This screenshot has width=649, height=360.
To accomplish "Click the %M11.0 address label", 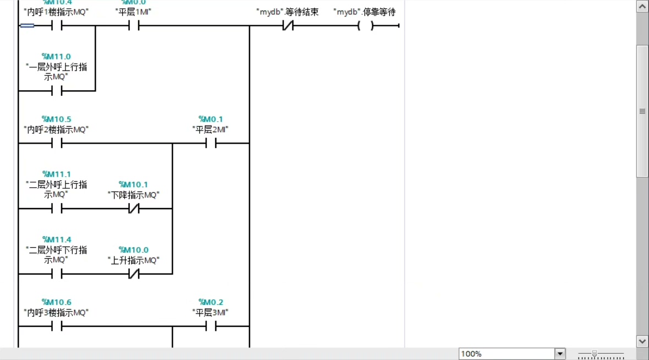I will pyautogui.click(x=56, y=56).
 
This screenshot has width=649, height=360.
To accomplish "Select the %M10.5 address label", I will pyautogui.click(x=56, y=119).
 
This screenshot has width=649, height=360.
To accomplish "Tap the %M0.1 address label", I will pyautogui.click(x=210, y=119).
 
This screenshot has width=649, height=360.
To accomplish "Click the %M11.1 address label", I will pyautogui.click(x=56, y=174).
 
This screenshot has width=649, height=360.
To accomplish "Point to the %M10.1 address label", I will pyautogui.click(x=133, y=184).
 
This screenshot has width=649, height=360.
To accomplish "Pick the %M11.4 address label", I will pyautogui.click(x=56, y=239).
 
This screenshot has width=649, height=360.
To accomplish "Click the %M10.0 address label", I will pyautogui.click(x=133, y=249).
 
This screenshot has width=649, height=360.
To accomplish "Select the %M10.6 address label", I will pyautogui.click(x=56, y=302).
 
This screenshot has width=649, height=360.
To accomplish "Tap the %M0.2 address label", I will pyautogui.click(x=210, y=302).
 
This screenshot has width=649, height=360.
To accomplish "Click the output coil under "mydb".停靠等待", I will pyautogui.click(x=365, y=26).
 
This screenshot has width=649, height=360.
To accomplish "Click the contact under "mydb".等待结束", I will pyautogui.click(x=287, y=26).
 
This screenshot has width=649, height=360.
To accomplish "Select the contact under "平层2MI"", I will pyautogui.click(x=210, y=144).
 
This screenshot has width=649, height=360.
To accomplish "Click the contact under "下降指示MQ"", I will pyautogui.click(x=133, y=209).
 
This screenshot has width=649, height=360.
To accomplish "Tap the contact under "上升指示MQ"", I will pyautogui.click(x=133, y=274).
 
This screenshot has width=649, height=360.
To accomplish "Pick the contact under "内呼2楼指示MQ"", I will pyautogui.click(x=56, y=144).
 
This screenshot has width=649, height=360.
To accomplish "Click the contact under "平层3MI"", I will pyautogui.click(x=210, y=327).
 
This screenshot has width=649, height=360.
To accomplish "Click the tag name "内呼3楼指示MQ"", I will pyautogui.click(x=56, y=313).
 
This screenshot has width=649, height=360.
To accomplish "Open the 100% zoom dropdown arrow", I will pyautogui.click(x=560, y=354).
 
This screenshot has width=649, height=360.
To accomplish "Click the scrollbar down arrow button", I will pyautogui.click(x=642, y=341).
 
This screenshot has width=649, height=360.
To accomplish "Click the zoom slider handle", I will pyautogui.click(x=595, y=354).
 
